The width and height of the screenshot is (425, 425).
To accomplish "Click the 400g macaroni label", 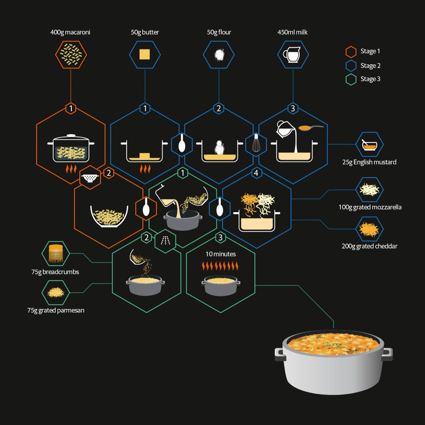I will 70,32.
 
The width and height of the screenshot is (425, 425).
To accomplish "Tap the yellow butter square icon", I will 144,54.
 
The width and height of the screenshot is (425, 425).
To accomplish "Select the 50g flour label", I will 219,32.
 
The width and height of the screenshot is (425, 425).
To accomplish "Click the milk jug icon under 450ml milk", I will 292,54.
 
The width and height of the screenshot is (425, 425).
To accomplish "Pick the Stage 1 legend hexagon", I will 351,51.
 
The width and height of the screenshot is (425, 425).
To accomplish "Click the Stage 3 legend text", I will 370,79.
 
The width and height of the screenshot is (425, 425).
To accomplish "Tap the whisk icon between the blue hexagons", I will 256,144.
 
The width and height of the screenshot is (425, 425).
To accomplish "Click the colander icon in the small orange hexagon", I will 90,178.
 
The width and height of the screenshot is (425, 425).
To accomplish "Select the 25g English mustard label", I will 369,162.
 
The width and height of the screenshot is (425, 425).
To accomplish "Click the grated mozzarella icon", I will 369,190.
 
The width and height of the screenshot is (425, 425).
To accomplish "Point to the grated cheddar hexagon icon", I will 369,229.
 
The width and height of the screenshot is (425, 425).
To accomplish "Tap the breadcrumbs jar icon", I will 56,254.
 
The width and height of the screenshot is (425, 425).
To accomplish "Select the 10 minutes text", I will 221,254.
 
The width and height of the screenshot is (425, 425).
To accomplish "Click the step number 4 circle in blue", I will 256,173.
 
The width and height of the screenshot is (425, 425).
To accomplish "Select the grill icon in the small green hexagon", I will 165,241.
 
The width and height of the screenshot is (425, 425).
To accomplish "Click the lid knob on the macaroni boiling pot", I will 71,135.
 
